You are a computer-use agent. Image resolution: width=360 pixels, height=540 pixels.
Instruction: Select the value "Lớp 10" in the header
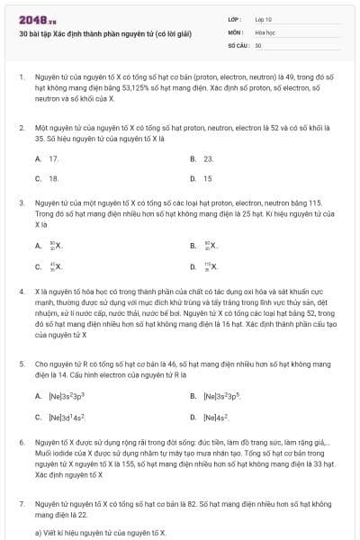(x=264, y=18)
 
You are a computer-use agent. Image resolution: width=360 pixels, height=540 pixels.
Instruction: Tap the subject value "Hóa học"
(x=265, y=31)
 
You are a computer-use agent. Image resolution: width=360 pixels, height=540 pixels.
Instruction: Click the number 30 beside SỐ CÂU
(x=258, y=45)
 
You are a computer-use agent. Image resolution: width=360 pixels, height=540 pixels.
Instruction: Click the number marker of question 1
(x=21, y=79)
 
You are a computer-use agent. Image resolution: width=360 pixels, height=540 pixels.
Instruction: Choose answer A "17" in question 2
(x=53, y=158)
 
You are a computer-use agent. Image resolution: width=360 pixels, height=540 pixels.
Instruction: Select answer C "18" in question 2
(x=53, y=178)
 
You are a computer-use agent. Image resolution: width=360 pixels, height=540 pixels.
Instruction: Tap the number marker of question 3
(x=21, y=203)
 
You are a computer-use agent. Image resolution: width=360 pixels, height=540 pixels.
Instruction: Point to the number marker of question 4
(x=21, y=292)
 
